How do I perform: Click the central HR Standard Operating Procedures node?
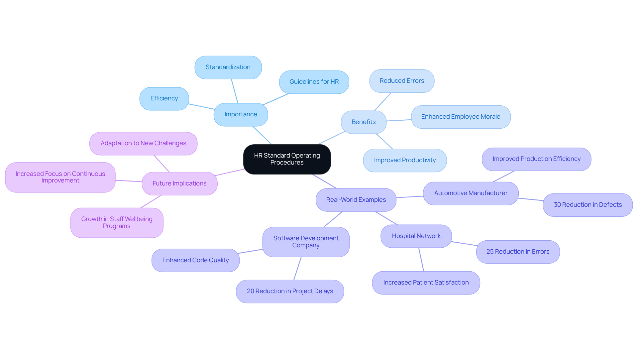pos(287,159)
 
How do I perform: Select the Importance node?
pos(241,114)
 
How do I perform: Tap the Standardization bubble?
pos(228,67)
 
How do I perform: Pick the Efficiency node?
pos(164,98)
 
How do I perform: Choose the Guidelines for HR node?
pos(314,82)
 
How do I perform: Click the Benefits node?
pos(364,122)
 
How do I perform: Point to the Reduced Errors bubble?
pos(402,81)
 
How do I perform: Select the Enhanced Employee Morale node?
pos(461,117)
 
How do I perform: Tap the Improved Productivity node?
pos(405,160)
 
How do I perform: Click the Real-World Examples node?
pos(356,200)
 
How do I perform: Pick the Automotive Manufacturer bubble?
pos(471,193)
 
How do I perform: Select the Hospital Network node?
pos(416,236)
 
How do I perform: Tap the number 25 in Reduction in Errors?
pos(490,252)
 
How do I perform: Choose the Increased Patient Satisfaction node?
pos(426,283)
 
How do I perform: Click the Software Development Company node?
pos(306,242)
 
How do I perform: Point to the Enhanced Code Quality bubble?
pos(195,260)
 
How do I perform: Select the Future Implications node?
pos(179,183)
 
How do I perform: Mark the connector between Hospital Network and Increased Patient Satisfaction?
pos(421,259)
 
